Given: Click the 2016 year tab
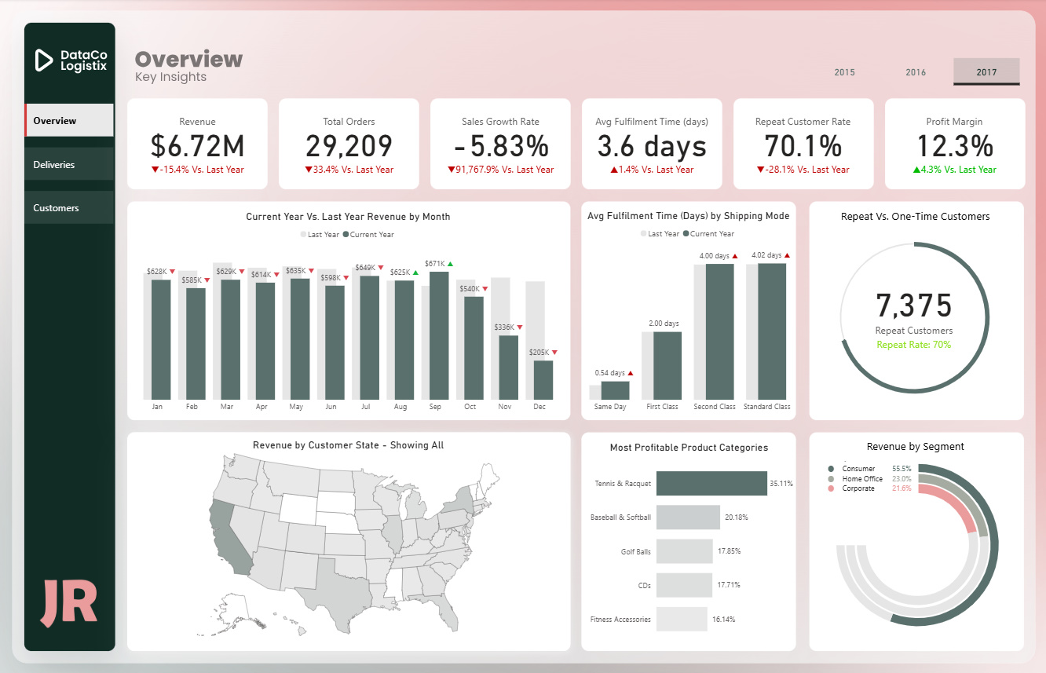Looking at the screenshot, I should (x=916, y=72).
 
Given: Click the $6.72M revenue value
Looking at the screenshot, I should (x=197, y=146).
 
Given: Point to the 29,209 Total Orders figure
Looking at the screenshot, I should (x=349, y=146).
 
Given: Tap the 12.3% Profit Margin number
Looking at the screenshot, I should (x=954, y=146).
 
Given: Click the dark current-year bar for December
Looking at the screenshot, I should (x=543, y=380).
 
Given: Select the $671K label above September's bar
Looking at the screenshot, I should (x=434, y=264).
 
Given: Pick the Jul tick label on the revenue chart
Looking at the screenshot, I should (x=365, y=407).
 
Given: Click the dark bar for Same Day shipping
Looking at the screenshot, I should (x=616, y=390).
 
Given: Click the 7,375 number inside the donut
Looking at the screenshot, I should (x=914, y=305).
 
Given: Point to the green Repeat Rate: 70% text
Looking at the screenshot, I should (x=914, y=345).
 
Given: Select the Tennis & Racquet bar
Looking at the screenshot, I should (x=711, y=483).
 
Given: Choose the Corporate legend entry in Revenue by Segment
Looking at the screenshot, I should (x=858, y=488).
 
